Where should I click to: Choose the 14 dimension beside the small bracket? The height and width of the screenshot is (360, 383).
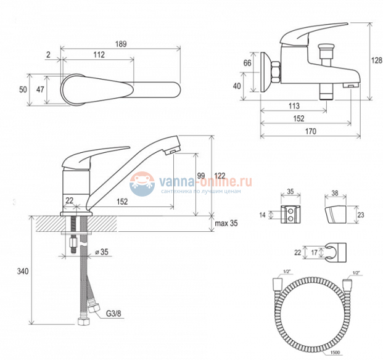262,215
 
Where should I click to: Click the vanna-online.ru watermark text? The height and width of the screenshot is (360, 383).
205,181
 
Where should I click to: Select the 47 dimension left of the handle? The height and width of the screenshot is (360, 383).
41,89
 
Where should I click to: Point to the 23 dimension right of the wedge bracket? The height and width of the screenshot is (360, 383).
361,215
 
